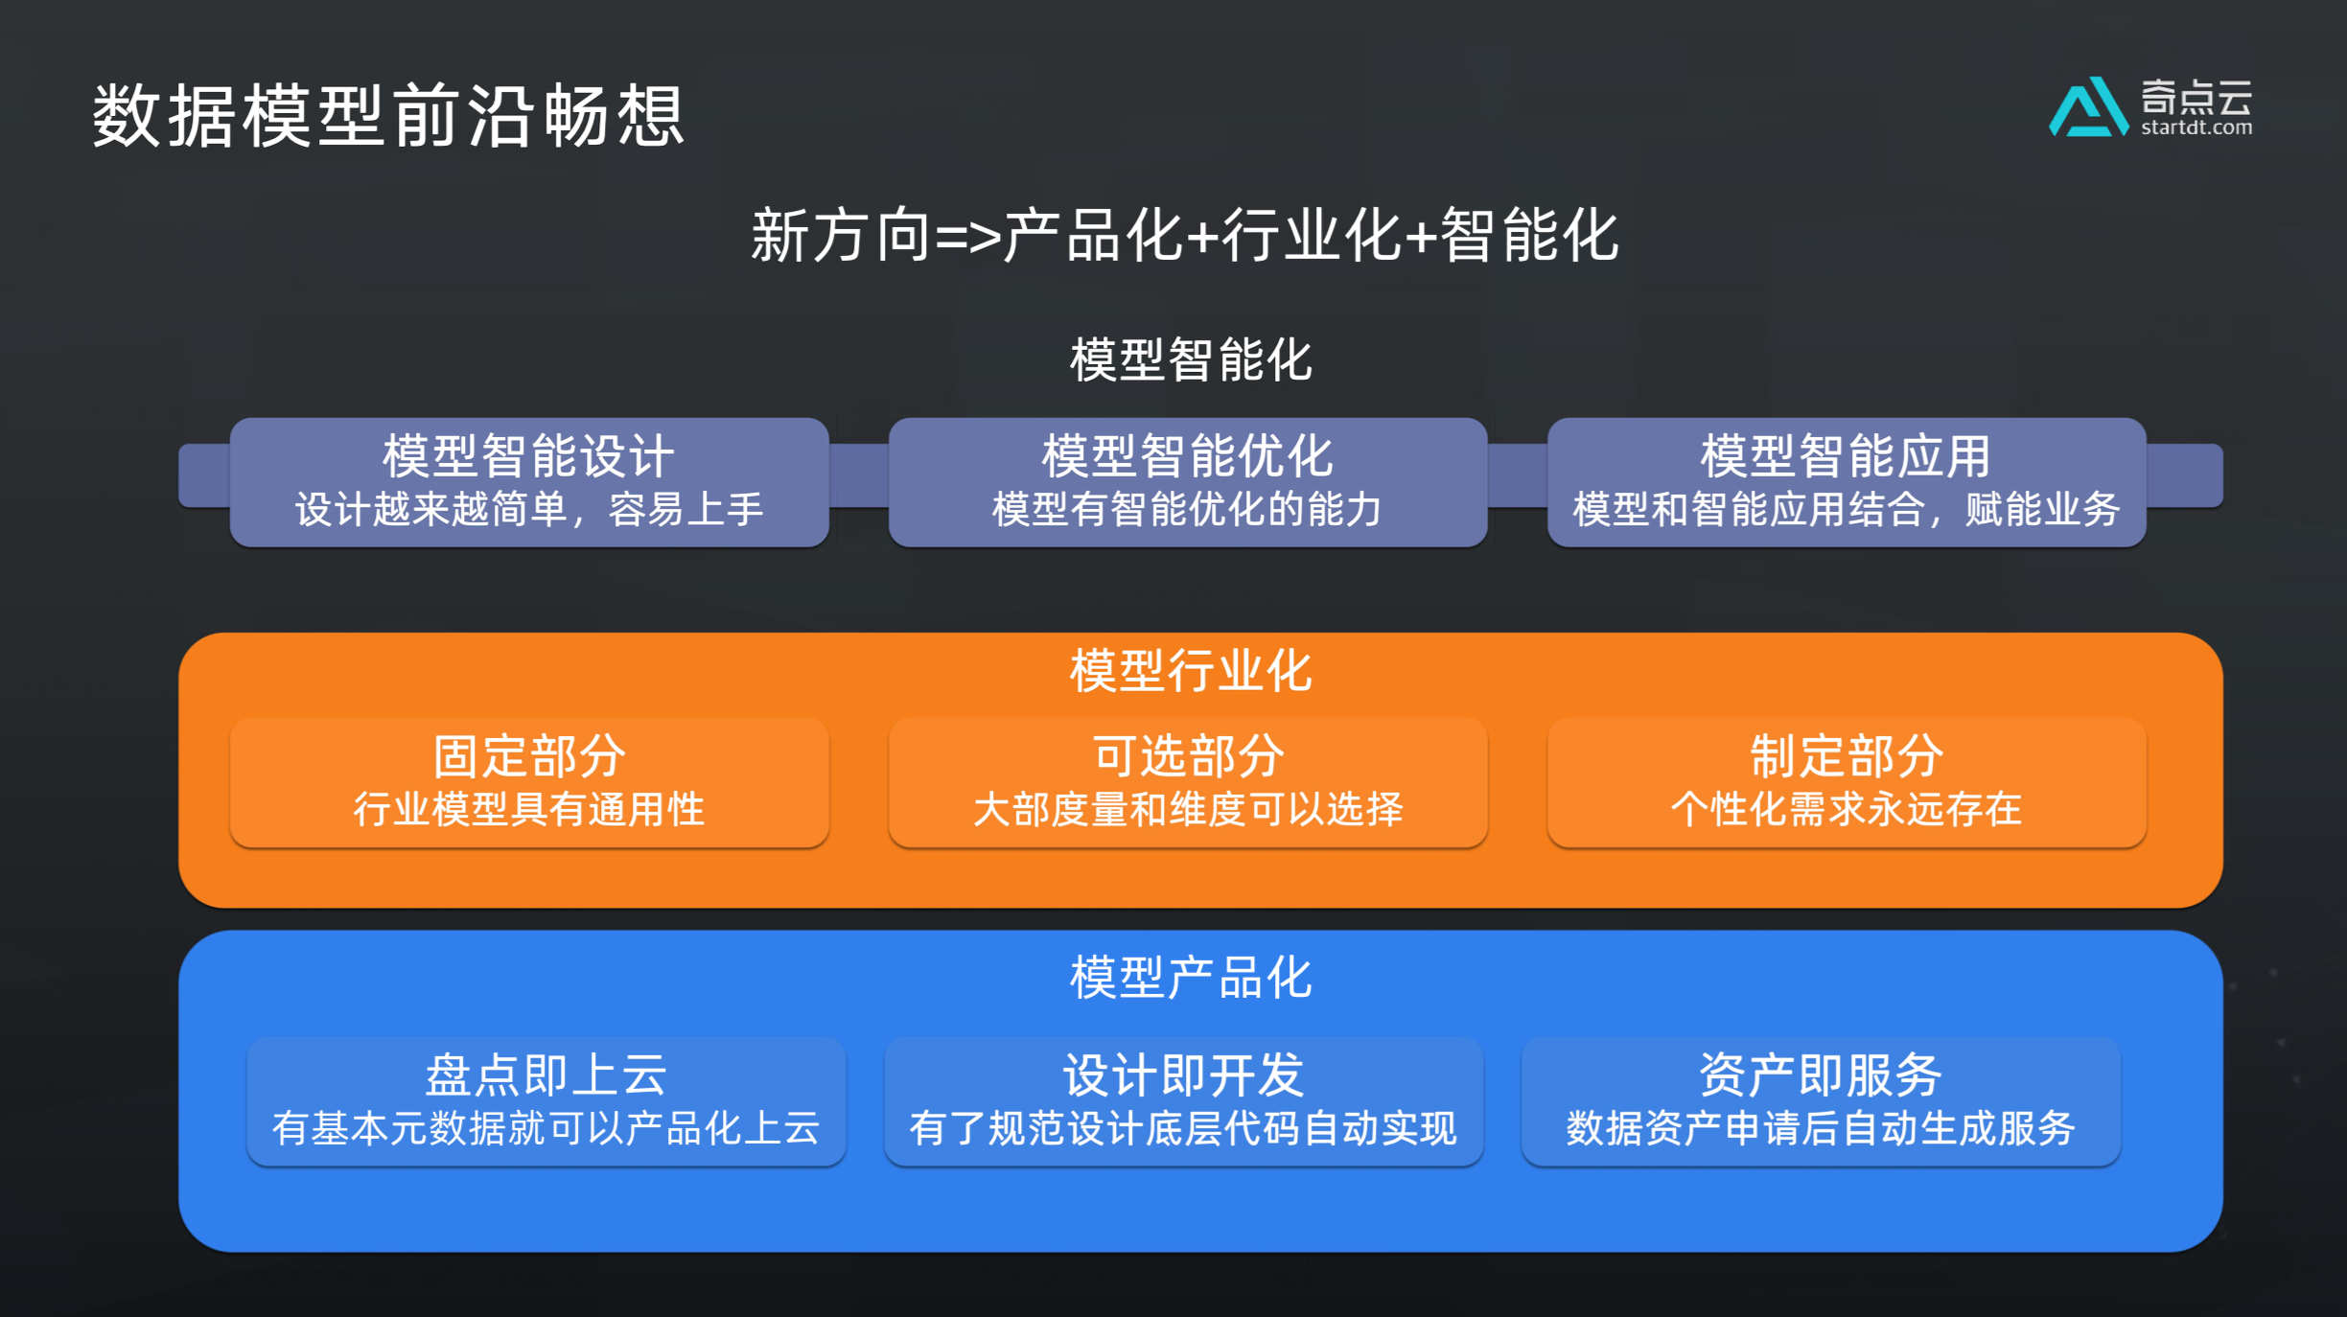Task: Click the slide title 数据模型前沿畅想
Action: point(388,116)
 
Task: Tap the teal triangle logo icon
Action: point(2086,108)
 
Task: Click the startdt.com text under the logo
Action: point(2196,127)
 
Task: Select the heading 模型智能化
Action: point(1190,360)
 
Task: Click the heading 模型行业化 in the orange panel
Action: point(1190,670)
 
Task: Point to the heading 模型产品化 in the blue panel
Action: point(1190,979)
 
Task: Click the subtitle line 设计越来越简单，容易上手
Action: point(529,509)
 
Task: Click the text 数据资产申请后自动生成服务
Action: point(1820,1128)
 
